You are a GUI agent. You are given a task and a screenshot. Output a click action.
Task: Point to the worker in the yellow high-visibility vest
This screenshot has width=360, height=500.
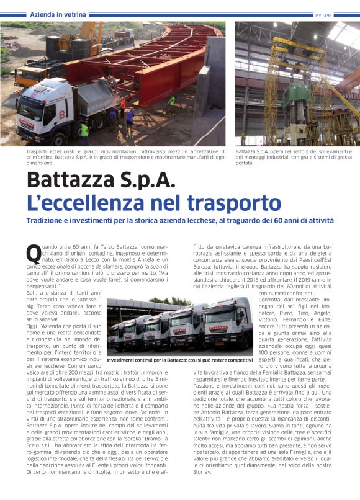[84, 130]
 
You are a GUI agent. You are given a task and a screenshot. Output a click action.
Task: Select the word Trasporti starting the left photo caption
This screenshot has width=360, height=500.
[38, 151]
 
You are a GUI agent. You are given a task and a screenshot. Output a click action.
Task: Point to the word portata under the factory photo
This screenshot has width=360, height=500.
[245, 163]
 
